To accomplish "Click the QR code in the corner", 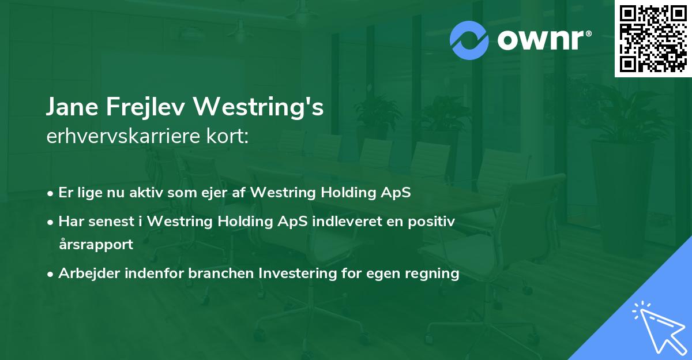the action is [x=653, y=39].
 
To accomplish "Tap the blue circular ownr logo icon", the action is [x=469, y=40].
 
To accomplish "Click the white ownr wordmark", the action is [x=544, y=40].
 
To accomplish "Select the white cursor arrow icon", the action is [x=660, y=328].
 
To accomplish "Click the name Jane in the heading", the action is [x=72, y=107].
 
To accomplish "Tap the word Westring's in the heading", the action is [x=258, y=107].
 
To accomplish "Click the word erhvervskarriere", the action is [x=123, y=136].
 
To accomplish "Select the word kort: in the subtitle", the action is [x=227, y=136].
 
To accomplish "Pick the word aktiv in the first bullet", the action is [x=146, y=192].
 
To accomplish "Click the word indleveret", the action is [x=347, y=222].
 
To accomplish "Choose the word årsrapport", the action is [x=96, y=245].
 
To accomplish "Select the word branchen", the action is [x=221, y=273].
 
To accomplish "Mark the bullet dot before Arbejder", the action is [x=50, y=274].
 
